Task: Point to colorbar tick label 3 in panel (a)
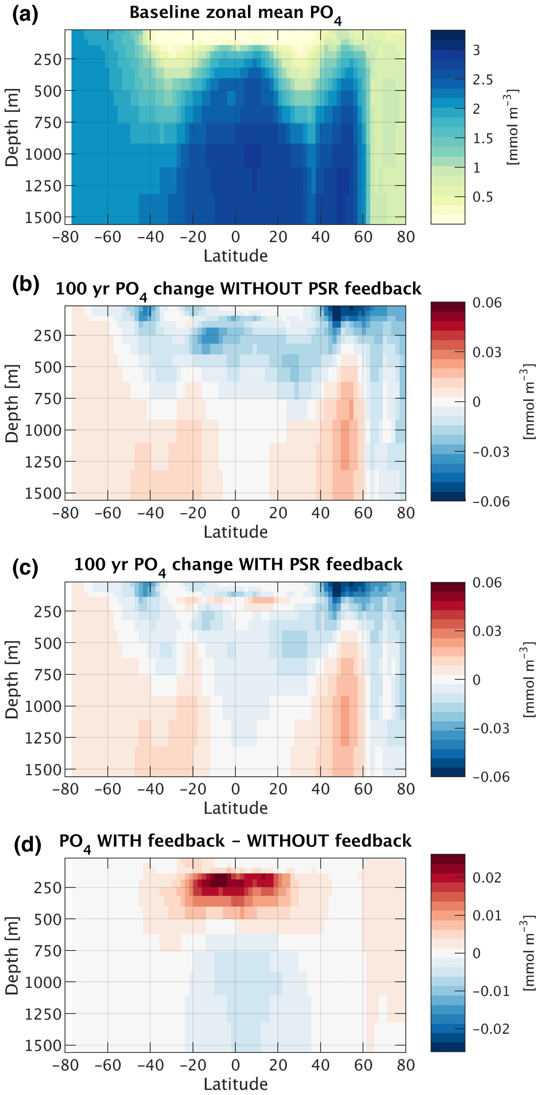pos(476,50)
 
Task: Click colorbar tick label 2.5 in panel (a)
pos(482,80)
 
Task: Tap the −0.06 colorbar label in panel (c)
pos(491,777)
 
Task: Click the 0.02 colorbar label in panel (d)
pos(487,878)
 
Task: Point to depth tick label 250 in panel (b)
pos(48,336)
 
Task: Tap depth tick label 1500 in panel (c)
pos(43,770)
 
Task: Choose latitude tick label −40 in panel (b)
pos(150,513)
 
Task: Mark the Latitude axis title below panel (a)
pos(236,256)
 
